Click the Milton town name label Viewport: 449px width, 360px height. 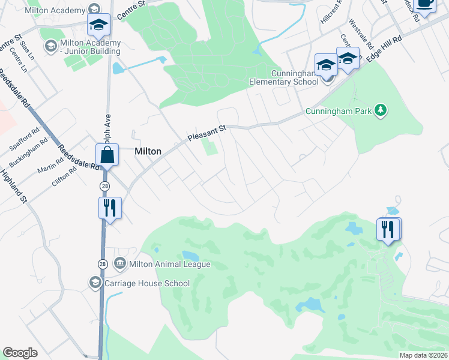pos(148,152)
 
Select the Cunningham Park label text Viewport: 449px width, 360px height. pos(338,110)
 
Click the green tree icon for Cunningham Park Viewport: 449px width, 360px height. pos(380,110)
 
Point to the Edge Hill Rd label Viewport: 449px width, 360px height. pos(385,46)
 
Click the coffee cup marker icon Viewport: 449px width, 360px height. pos(424,4)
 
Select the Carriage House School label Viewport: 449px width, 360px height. pos(147,283)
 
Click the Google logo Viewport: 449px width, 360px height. pos(20,353)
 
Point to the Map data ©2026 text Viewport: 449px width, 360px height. pos(423,355)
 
